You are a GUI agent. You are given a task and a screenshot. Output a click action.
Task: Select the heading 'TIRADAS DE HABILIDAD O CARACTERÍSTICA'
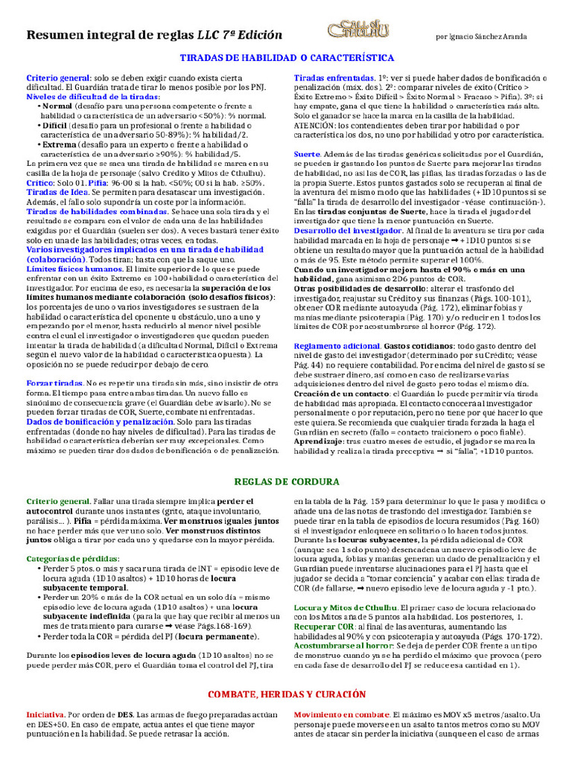287,57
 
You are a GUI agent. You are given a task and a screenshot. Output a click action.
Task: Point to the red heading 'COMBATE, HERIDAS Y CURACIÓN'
287,694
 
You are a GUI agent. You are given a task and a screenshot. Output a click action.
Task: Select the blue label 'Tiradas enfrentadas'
334,78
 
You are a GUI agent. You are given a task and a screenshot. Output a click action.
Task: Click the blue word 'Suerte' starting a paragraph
307,153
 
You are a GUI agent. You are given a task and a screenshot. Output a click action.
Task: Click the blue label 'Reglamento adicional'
337,346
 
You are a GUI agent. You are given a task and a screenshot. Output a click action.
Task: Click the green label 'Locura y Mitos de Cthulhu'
334,608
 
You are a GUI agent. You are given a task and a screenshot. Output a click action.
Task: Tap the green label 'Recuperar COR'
325,627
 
